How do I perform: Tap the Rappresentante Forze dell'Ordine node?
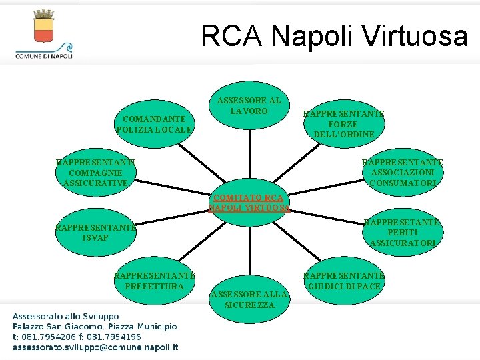click(343, 124)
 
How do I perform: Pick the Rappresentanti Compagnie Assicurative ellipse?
click(95, 172)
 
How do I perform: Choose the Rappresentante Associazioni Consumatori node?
click(402, 172)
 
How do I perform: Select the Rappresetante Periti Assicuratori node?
click(402, 233)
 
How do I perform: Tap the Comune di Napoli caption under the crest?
click(44, 57)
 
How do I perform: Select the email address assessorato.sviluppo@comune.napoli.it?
click(95, 347)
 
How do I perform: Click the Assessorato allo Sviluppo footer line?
click(65, 316)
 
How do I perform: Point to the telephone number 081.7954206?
click(47, 337)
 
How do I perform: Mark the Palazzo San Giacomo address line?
click(95, 327)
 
